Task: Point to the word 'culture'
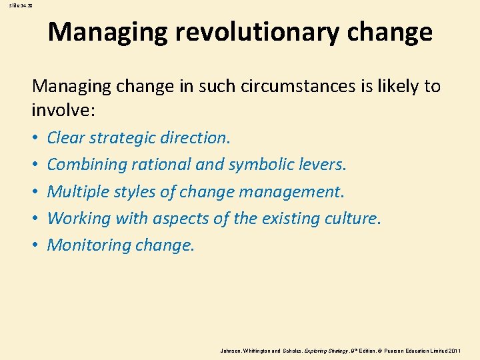[x=350, y=218]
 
